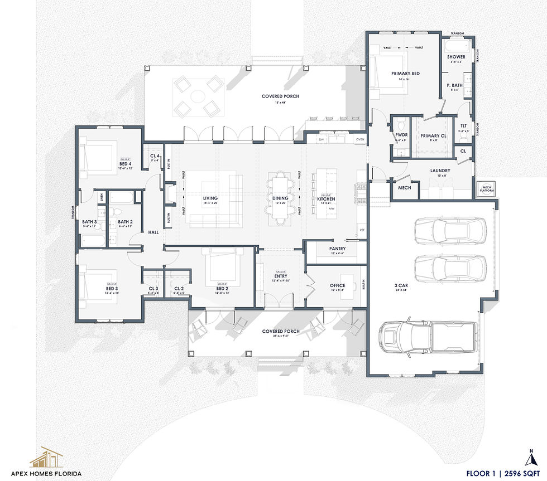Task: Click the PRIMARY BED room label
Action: (405, 74)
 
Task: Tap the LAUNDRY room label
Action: (440, 171)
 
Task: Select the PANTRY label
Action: (337, 249)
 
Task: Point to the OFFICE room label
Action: (338, 285)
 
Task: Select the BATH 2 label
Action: (125, 221)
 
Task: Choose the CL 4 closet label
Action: (155, 157)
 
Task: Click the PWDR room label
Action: (401, 135)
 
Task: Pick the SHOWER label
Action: (456, 57)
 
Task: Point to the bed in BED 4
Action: (99, 158)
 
